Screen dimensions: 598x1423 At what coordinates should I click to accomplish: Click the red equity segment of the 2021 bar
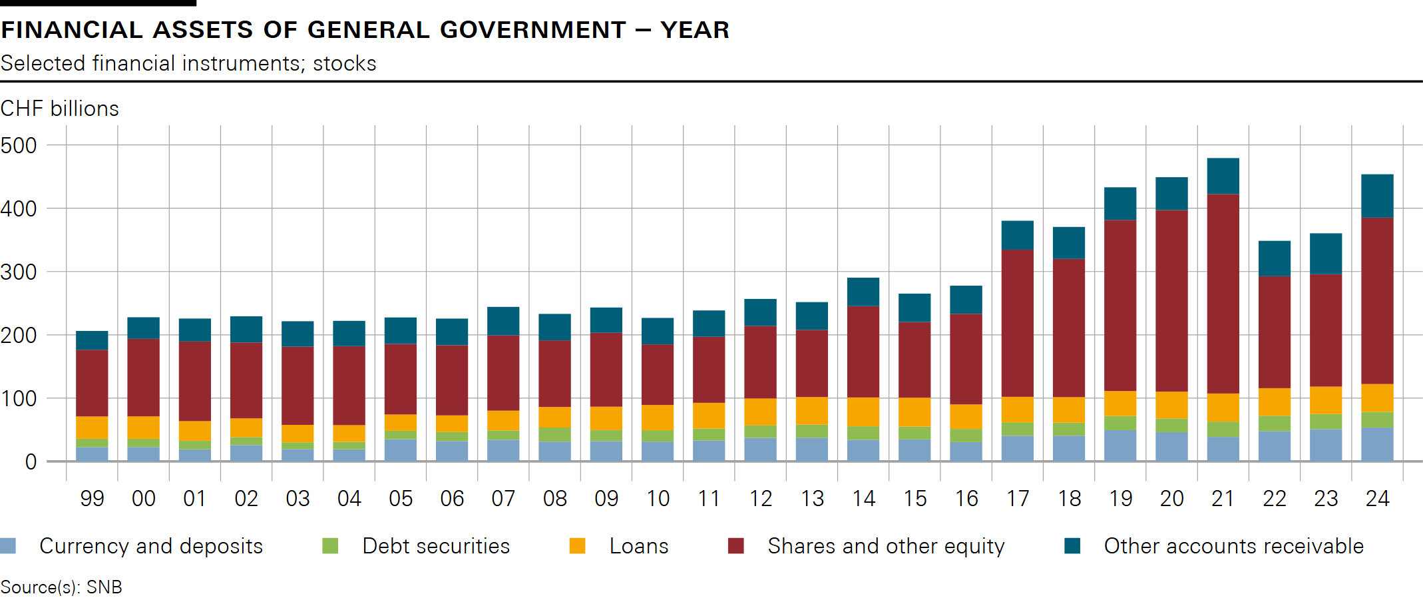click(x=1223, y=293)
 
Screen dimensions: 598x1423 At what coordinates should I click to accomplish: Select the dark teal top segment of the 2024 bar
click(x=1377, y=196)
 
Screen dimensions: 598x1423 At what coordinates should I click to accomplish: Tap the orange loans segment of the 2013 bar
click(x=811, y=410)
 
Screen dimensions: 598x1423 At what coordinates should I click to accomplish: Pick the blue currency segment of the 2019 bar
click(x=1120, y=445)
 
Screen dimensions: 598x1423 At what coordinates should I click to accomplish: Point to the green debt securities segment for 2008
click(x=554, y=434)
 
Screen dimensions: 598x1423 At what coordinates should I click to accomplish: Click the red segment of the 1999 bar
click(x=92, y=383)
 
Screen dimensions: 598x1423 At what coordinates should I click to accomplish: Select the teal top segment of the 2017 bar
click(x=1017, y=235)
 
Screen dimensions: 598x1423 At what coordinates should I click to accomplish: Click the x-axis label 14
click(x=863, y=499)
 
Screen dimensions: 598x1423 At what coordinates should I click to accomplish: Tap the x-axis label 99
click(x=92, y=499)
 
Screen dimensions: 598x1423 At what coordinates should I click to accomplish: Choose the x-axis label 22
click(x=1274, y=499)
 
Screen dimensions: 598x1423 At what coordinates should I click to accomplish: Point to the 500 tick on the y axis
click(x=19, y=145)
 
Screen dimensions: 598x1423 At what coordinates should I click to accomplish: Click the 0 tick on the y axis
click(x=31, y=461)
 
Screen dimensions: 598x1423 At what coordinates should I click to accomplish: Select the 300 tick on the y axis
click(x=19, y=272)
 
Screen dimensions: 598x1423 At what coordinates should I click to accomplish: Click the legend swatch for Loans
click(x=577, y=546)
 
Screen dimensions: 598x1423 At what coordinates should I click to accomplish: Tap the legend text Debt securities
click(x=436, y=546)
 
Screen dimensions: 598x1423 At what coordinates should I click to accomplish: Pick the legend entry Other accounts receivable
click(x=1233, y=546)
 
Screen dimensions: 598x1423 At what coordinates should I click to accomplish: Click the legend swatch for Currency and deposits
click(x=8, y=546)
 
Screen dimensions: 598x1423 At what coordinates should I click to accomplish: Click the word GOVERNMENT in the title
click(x=533, y=30)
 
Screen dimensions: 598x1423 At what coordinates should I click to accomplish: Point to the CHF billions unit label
click(x=60, y=109)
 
